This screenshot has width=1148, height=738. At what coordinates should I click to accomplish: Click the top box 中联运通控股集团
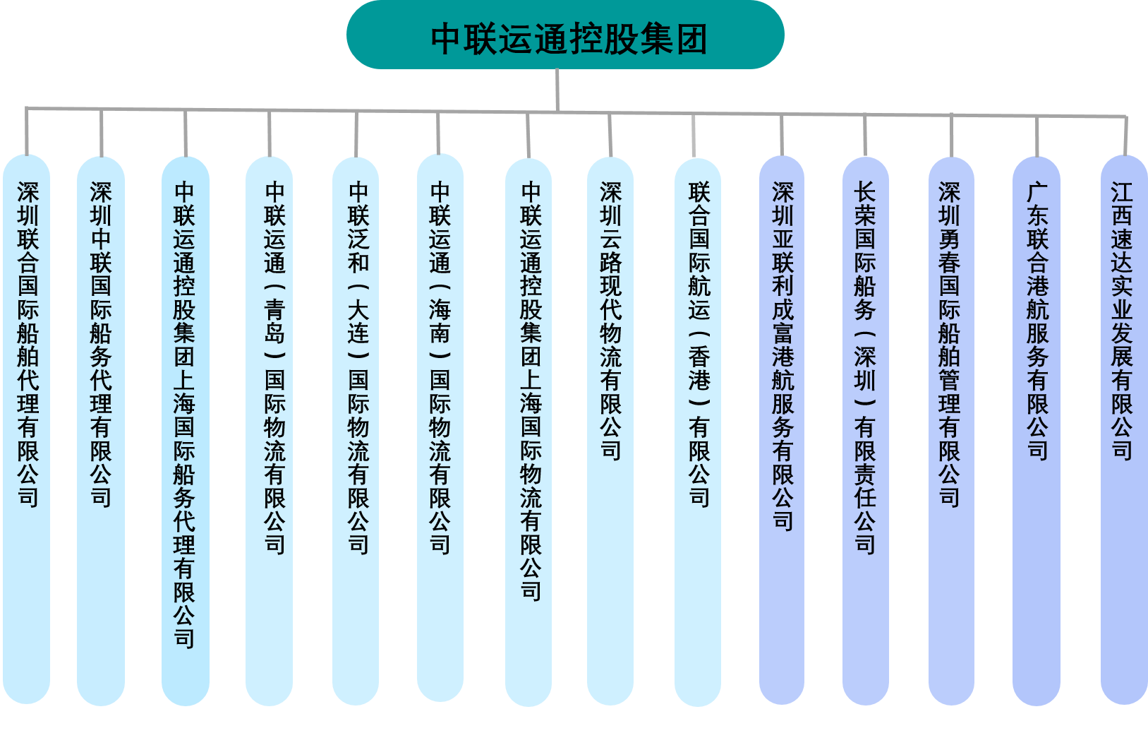pyautogui.click(x=564, y=35)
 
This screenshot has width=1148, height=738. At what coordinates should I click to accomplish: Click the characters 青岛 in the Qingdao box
pyautogui.click(x=274, y=321)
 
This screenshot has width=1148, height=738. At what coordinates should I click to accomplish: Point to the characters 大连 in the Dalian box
pyautogui.click(x=358, y=321)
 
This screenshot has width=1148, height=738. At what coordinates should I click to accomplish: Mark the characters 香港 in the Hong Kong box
pyautogui.click(x=699, y=369)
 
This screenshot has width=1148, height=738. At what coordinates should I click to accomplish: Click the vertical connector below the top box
pyautogui.click(x=557, y=89)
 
